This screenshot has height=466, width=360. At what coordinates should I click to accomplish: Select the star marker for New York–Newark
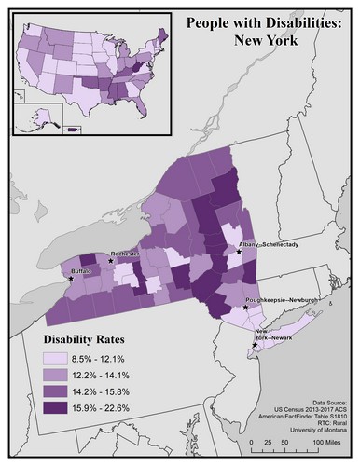[x=254, y=345]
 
